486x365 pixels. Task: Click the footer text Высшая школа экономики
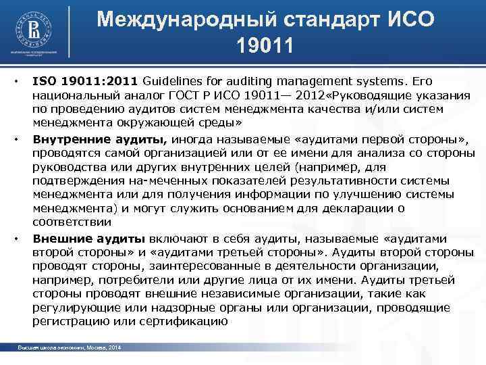coord(51,348)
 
